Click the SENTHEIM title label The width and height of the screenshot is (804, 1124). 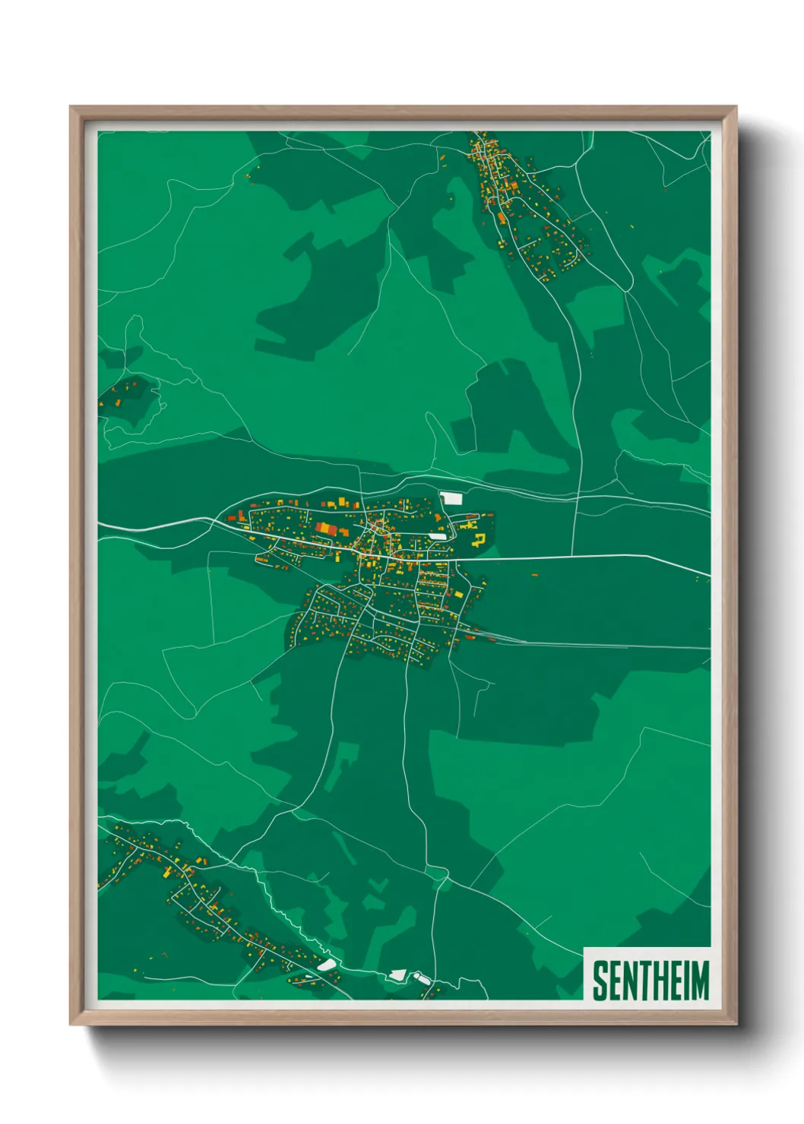pos(650,980)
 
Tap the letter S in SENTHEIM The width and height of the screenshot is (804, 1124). pos(599,980)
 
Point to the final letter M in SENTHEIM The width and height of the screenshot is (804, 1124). pos(700,980)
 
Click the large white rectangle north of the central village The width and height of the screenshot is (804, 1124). pos(452,498)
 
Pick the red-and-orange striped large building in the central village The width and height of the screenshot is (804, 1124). pos(324,528)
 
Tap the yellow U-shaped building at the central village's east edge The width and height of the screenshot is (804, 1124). pos(480,540)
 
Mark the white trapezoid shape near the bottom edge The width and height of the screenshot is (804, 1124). pos(396,974)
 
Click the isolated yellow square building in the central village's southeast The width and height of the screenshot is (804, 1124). pos(457,593)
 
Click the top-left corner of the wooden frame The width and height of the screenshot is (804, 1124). pos(71,107)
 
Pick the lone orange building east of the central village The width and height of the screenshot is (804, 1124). pos(533,576)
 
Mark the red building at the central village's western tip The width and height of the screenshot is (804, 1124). pos(232,518)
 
